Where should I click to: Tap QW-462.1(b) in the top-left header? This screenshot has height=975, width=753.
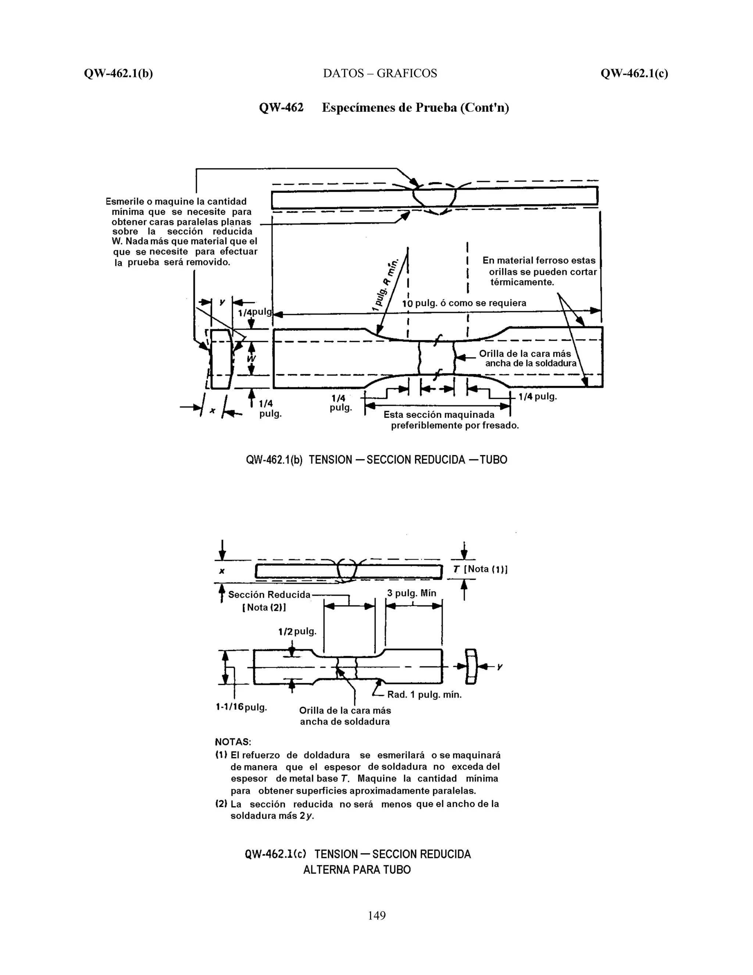pyautogui.click(x=118, y=73)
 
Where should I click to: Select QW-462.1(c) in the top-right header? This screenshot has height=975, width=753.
pyautogui.click(x=634, y=73)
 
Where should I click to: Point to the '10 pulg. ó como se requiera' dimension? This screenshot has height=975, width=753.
pyautogui.click(x=464, y=303)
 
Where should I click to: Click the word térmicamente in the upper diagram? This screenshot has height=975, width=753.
pyautogui.click(x=522, y=282)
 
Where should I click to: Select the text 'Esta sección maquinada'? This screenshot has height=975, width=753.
pyautogui.click(x=439, y=415)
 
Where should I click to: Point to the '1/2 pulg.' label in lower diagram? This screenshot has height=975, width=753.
pyautogui.click(x=297, y=631)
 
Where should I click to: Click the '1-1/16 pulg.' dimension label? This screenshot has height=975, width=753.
pyautogui.click(x=241, y=707)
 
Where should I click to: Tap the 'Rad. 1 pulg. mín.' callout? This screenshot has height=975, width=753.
pyautogui.click(x=424, y=695)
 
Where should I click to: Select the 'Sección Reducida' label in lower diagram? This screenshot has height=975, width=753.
pyautogui.click(x=269, y=595)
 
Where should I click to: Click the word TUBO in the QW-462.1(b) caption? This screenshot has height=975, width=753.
pyautogui.click(x=493, y=460)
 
